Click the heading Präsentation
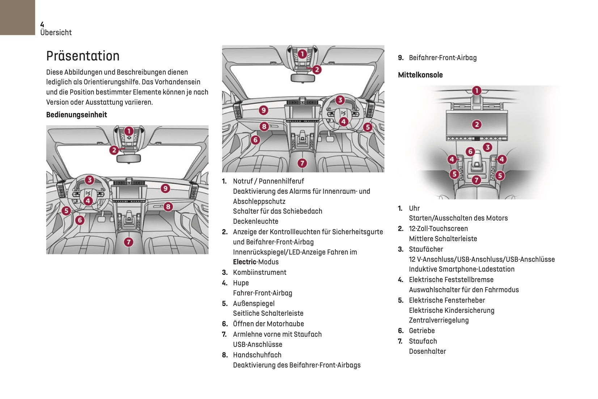83,56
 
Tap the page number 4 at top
42,24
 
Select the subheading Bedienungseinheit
77,115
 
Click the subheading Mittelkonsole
420,75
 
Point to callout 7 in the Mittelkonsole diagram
476,180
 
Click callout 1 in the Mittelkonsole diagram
476,91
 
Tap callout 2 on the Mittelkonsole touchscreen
477,125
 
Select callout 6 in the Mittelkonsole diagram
470,151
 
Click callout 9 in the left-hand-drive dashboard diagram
165,188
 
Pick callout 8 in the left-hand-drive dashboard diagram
168,207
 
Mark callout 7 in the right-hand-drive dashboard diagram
302,163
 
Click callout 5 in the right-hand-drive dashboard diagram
368,127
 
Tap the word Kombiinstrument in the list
259,273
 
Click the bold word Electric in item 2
245,262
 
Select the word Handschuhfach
257,355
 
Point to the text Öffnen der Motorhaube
268,324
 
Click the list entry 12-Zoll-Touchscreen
438,229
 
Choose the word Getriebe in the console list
422,331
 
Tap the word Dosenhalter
427,352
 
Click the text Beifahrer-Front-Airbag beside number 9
442,58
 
